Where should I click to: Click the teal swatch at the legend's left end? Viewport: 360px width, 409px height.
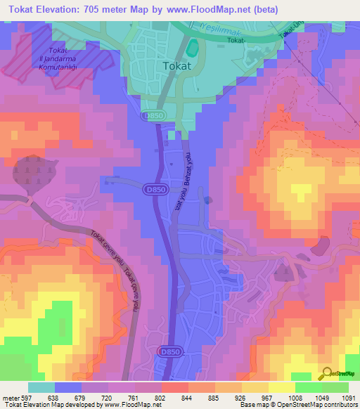point(41,387)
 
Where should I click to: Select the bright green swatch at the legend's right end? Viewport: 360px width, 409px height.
point(335,387)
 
